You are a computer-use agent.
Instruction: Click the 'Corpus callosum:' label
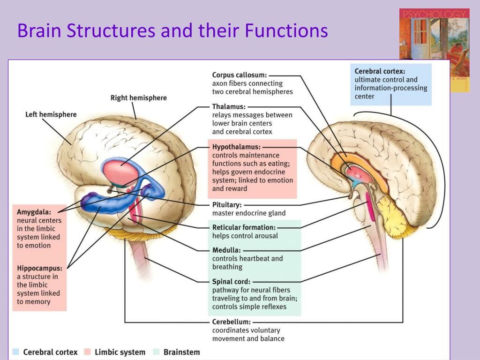240,75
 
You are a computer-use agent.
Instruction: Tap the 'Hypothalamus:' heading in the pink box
236,147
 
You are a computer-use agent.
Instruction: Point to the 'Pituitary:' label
227,205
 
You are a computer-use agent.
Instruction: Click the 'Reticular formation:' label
244,227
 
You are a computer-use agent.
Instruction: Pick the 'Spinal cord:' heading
231,282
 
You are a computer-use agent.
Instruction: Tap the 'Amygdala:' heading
34,211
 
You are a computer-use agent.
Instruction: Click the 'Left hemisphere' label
51,114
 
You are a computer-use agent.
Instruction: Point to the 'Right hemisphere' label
138,98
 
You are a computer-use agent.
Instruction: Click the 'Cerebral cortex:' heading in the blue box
380,71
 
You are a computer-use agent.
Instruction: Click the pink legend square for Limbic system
87,352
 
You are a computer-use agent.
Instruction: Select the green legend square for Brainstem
156,352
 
